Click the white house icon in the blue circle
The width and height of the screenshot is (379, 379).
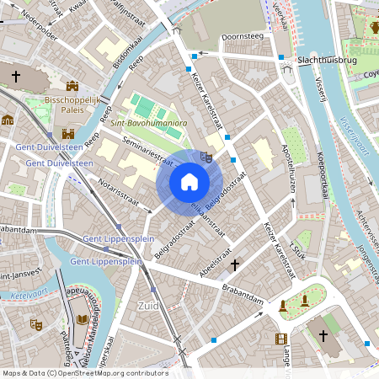189,182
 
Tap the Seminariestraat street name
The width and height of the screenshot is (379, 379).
143,152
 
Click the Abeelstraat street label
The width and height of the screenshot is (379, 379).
217,257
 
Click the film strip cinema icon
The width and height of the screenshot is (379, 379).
280,339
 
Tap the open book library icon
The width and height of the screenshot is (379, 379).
83,321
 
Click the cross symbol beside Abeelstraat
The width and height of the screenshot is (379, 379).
235,265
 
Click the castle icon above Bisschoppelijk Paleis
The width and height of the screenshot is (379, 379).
72,85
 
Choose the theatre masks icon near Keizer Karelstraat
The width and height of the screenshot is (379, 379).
206,157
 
